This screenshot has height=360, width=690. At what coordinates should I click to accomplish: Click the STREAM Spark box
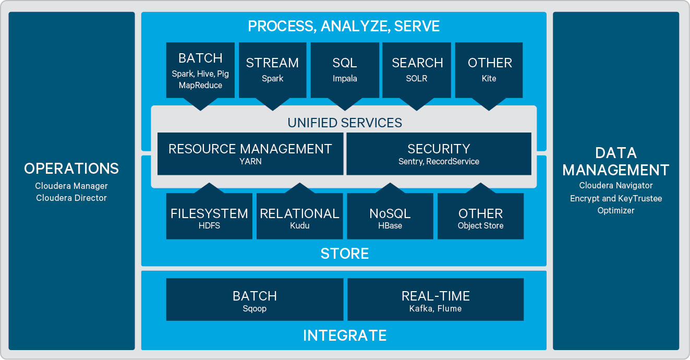(x=272, y=70)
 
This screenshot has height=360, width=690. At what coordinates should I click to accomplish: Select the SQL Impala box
(x=345, y=70)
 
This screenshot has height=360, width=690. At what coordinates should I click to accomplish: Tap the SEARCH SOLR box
(x=417, y=70)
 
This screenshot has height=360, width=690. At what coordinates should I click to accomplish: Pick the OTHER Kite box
(x=489, y=70)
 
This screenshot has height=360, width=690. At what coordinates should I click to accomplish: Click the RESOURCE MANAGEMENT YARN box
(x=250, y=153)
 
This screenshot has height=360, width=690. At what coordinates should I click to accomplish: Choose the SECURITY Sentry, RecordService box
(x=439, y=153)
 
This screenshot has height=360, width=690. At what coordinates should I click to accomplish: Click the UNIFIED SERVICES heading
(x=345, y=123)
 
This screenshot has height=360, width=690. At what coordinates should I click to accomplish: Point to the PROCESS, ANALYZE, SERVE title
(x=344, y=26)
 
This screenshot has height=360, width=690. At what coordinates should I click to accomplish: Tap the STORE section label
(x=344, y=254)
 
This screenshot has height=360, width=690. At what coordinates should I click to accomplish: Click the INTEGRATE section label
(x=345, y=335)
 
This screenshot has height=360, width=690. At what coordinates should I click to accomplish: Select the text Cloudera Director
(x=71, y=198)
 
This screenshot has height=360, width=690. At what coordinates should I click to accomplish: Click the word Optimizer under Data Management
(x=616, y=211)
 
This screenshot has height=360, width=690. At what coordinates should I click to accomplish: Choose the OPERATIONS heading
(x=71, y=169)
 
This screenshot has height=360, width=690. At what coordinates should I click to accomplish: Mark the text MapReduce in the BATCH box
(x=200, y=85)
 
